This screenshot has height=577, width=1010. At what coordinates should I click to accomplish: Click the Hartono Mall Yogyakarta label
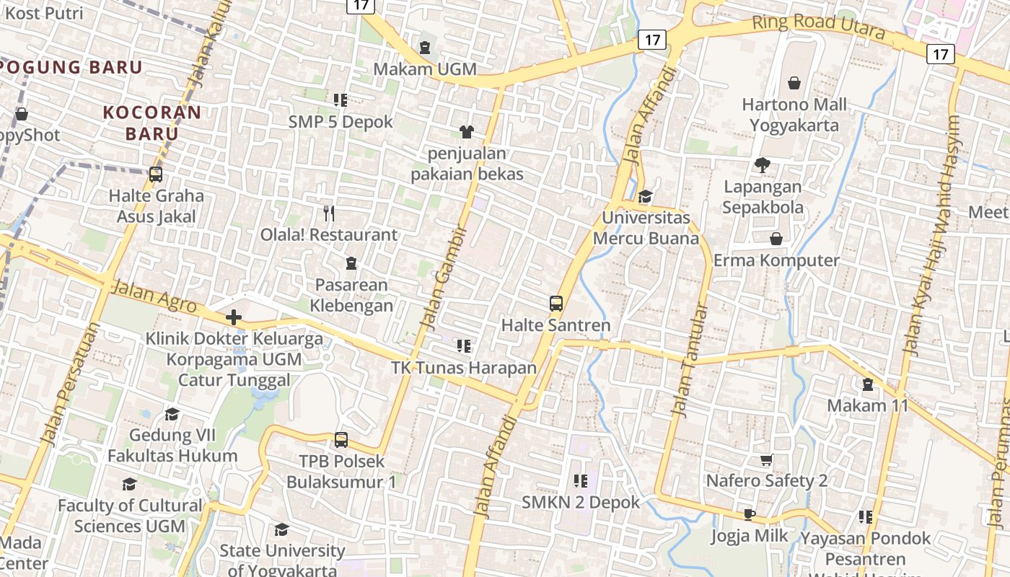click(794, 115)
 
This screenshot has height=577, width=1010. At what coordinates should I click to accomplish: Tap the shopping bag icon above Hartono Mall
click(794, 84)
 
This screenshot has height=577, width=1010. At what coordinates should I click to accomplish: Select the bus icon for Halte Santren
click(555, 304)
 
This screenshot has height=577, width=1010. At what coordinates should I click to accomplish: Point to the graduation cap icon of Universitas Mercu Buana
click(645, 196)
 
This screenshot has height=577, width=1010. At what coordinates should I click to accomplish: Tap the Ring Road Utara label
click(818, 27)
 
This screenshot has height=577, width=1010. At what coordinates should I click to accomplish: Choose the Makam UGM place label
click(425, 69)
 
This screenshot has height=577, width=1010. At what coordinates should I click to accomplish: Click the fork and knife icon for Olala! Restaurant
click(329, 213)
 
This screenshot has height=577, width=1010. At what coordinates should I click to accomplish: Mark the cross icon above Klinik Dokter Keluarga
click(233, 317)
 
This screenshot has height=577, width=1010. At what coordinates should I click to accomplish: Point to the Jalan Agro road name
click(155, 296)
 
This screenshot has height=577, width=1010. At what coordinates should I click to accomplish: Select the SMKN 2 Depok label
click(581, 502)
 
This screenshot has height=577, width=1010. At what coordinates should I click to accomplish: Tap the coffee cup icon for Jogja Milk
click(750, 515)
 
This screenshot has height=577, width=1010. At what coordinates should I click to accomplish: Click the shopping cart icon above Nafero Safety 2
click(766, 460)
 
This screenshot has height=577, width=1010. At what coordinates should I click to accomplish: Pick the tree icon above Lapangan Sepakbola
click(762, 166)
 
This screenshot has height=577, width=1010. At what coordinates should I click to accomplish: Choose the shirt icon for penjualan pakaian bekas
click(467, 132)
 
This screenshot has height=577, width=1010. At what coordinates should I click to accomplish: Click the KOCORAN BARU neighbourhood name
click(151, 123)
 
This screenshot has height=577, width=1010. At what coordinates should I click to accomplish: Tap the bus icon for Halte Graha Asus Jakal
click(155, 175)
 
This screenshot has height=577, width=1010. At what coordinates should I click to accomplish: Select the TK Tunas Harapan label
click(464, 368)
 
